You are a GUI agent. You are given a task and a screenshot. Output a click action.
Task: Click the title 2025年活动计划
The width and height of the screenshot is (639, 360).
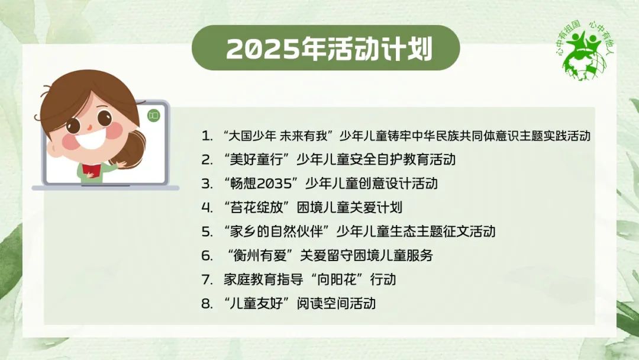pos(329,49)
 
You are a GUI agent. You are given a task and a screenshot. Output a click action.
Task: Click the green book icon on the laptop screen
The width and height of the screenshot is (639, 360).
pos(154,115)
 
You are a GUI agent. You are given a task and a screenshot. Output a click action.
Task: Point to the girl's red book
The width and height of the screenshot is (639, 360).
pos(90,170)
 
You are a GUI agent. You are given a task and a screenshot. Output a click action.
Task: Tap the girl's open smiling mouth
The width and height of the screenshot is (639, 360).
pos(90,139)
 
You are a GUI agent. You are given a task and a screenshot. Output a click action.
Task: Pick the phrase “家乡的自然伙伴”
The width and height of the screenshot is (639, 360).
pos(276,232)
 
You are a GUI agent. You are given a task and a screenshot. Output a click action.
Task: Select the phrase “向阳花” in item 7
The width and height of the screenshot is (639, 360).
pos(337,279)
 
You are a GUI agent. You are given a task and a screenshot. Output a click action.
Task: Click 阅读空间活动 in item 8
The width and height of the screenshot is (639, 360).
pos(336,304)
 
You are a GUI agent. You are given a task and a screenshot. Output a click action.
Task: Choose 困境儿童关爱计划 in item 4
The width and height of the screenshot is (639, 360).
pos(349,207)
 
